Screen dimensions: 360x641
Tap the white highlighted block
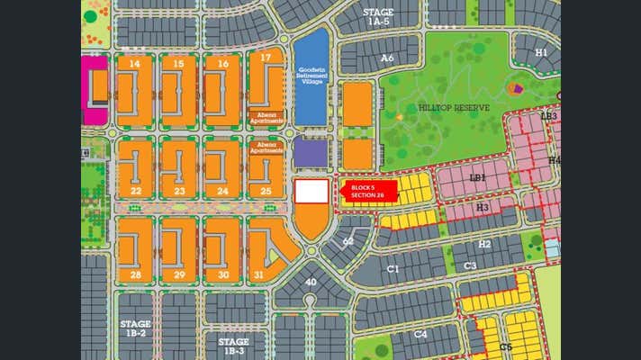[x=311, y=191]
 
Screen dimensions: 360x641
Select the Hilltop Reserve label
[x=454, y=108]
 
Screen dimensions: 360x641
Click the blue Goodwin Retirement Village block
[x=311, y=76]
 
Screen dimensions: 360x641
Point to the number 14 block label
[x=135, y=64]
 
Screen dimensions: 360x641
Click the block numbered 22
[x=135, y=191]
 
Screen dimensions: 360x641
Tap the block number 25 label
[x=266, y=191]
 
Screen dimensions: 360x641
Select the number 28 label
[x=135, y=274]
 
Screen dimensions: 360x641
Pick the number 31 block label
[x=259, y=274]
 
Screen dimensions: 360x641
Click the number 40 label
[x=311, y=283]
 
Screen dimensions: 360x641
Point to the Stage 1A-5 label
[x=376, y=16]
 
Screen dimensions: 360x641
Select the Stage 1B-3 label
[x=233, y=346]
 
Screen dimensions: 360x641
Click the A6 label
[x=387, y=58]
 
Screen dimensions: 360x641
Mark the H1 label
[x=541, y=52]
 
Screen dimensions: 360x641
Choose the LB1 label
[x=477, y=177]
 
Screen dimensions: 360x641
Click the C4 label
[x=420, y=334]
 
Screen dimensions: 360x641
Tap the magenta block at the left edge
[x=93, y=90]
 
